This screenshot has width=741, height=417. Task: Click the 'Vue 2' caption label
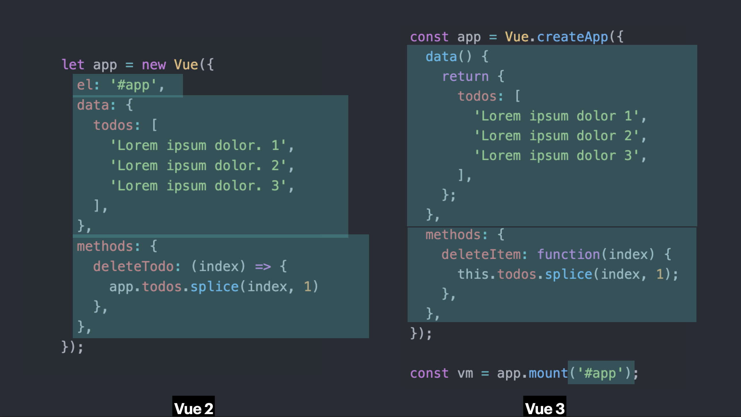click(194, 408)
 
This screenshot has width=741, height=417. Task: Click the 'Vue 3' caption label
click(545, 408)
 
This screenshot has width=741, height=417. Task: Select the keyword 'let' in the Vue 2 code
click(73, 65)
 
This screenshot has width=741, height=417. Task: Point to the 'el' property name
click(84, 85)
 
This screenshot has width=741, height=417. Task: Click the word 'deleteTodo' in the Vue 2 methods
click(133, 266)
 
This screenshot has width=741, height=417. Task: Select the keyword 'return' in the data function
click(465, 76)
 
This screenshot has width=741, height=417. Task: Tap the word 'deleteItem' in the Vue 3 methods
click(481, 255)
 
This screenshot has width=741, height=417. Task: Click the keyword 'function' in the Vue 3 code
click(568, 255)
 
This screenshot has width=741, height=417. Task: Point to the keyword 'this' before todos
click(473, 274)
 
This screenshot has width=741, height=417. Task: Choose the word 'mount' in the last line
click(548, 373)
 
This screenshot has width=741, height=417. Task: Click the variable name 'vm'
click(465, 374)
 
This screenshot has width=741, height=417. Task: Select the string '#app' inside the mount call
click(600, 374)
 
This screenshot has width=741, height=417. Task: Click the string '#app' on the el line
click(133, 85)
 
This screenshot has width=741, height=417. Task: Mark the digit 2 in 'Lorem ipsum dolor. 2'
click(275, 166)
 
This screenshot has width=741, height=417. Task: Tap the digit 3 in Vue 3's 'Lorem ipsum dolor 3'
click(628, 156)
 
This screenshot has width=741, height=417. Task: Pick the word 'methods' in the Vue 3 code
click(453, 235)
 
